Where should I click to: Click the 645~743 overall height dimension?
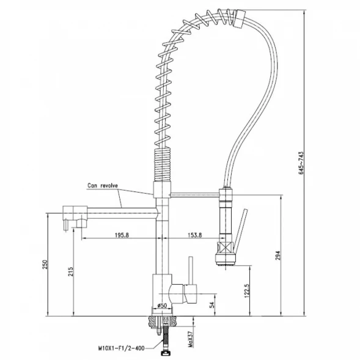click(x=301, y=163)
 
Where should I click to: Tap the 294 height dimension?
click(x=278, y=255)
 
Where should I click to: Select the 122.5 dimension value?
click(x=247, y=291)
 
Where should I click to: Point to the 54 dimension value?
click(x=212, y=304)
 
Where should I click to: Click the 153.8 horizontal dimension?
click(x=195, y=235)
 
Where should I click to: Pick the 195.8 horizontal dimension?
click(x=122, y=235)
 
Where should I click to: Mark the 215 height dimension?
click(x=71, y=271)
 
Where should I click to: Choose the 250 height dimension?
click(x=45, y=265)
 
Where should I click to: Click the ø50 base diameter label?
click(x=162, y=306)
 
